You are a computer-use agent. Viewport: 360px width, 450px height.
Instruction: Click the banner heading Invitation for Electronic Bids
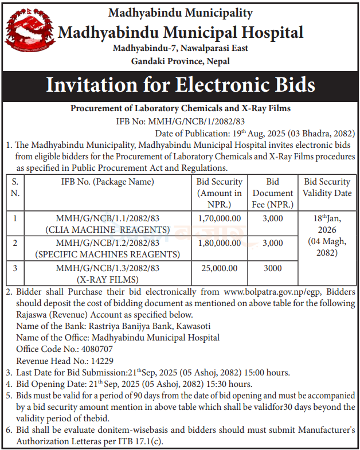pyautogui.click(x=180, y=85)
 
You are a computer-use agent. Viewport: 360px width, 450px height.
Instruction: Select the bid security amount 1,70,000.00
pyautogui.click(x=220, y=218)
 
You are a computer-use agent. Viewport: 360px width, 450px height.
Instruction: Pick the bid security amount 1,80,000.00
pyautogui.click(x=220, y=243)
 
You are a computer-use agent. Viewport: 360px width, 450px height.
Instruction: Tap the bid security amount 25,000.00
pyautogui.click(x=220, y=268)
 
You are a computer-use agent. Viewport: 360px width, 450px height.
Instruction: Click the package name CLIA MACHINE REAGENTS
pyautogui.click(x=108, y=230)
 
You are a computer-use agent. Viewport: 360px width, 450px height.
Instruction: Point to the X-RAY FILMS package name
pyautogui.click(x=108, y=279)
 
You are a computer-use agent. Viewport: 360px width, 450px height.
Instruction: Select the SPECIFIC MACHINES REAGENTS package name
pyautogui.click(x=108, y=254)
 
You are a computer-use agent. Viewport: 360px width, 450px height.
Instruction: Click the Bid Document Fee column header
pyautogui.click(x=273, y=193)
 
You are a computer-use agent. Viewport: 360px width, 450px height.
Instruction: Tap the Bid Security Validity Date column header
pyautogui.click(x=327, y=187)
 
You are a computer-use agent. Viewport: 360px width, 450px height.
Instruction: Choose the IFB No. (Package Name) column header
pyautogui.click(x=108, y=182)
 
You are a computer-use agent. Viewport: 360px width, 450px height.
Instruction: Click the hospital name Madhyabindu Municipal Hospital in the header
pyautogui.click(x=180, y=32)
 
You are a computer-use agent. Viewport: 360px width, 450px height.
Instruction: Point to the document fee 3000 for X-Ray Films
pyautogui.click(x=273, y=268)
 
